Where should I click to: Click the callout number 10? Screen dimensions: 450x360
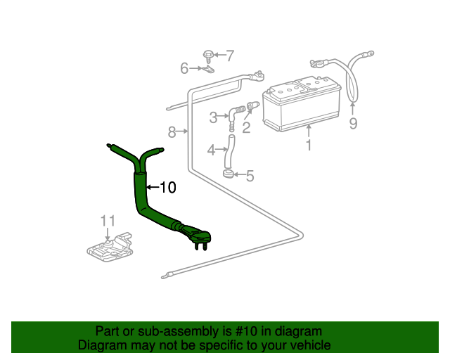(x=168, y=188)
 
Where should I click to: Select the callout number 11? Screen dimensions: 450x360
(x=108, y=221)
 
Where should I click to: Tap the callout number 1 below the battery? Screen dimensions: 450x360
(x=309, y=146)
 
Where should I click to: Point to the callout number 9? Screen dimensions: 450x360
(x=353, y=123)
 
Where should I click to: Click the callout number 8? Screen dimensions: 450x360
(x=172, y=132)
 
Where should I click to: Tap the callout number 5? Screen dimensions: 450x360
(x=250, y=176)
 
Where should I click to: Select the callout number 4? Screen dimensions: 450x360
(x=211, y=150)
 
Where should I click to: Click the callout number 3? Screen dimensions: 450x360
(x=213, y=117)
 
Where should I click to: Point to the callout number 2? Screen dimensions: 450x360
(x=246, y=128)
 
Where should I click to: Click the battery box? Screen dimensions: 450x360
(x=302, y=104)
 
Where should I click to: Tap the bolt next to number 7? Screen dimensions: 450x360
(x=208, y=56)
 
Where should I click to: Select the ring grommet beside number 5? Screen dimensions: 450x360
(x=229, y=174)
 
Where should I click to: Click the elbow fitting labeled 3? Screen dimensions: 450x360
(x=236, y=115)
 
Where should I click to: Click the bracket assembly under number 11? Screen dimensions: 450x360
(x=110, y=247)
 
